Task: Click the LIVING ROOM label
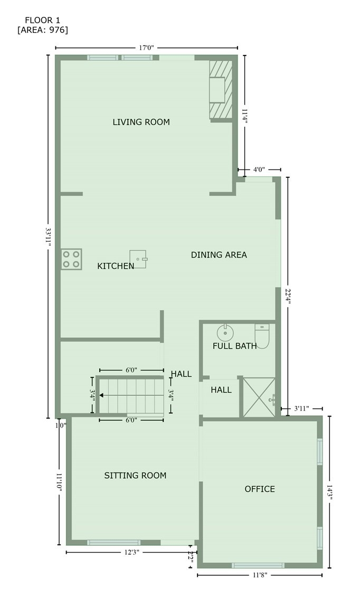(141, 122)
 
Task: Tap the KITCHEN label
(116, 267)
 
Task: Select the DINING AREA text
(219, 255)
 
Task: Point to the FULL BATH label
(234, 346)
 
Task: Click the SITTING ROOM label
(135, 476)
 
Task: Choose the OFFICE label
(260, 489)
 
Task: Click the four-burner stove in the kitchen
(71, 259)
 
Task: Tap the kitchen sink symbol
(138, 259)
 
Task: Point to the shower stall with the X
(259, 397)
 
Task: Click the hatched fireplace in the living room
(221, 89)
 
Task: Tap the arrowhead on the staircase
(101, 395)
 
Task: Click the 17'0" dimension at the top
(146, 48)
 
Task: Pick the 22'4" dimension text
(287, 297)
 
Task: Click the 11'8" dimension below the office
(259, 575)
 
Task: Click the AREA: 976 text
(43, 30)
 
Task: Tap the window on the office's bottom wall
(258, 566)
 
